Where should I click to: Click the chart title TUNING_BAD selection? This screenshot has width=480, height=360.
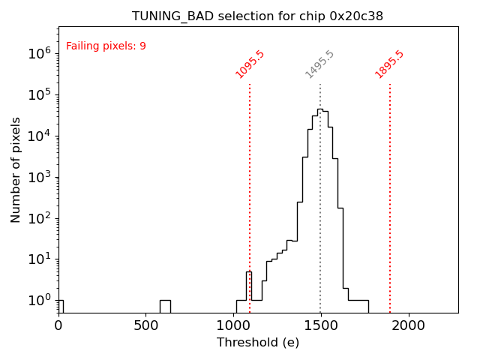click(x=257, y=16)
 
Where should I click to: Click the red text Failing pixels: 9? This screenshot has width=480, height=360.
click(x=106, y=46)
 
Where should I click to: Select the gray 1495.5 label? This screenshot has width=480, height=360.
click(x=319, y=64)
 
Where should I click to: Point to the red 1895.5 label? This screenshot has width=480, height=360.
click(x=390, y=64)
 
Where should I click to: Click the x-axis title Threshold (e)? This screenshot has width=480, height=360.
click(x=258, y=343)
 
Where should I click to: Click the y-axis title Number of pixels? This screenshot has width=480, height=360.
click(x=16, y=169)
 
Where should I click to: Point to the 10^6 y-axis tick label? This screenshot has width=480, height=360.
click(x=38, y=53)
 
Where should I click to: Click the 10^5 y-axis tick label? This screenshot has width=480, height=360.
click(x=38, y=94)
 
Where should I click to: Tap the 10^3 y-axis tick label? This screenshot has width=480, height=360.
click(x=38, y=177)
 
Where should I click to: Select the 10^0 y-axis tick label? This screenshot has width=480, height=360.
click(x=38, y=301)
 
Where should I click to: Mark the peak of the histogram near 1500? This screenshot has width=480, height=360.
click(x=319, y=109)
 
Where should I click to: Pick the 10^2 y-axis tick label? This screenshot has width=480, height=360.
click(x=38, y=218)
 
